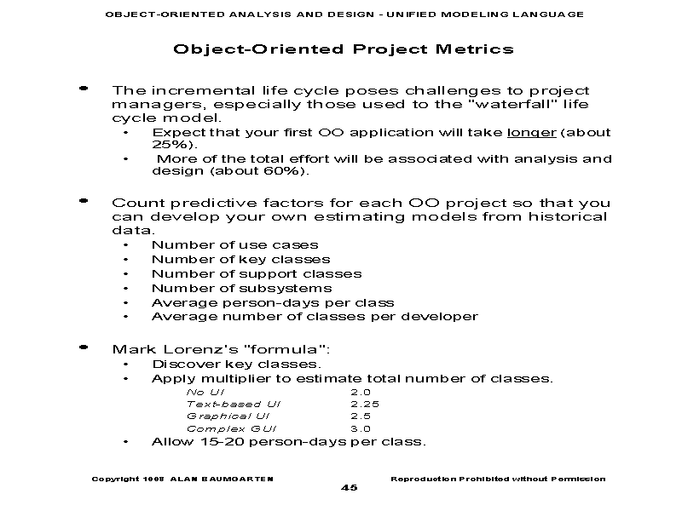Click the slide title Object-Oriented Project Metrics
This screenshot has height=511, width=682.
(343, 49)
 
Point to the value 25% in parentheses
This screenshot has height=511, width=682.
(171, 145)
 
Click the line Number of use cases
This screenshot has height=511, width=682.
(234, 245)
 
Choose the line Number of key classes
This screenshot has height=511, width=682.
(240, 260)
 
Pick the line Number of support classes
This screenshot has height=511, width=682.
(256, 274)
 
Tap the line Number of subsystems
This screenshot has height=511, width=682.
(241, 289)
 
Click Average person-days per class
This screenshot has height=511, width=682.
(272, 302)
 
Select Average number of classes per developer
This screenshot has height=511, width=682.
(314, 317)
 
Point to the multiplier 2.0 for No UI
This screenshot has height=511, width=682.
(361, 392)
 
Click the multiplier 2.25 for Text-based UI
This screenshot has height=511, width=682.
(364, 404)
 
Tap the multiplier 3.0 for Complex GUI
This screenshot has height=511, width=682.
(361, 429)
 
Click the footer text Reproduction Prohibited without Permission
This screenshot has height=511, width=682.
(497, 479)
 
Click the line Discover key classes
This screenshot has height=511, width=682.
(236, 365)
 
